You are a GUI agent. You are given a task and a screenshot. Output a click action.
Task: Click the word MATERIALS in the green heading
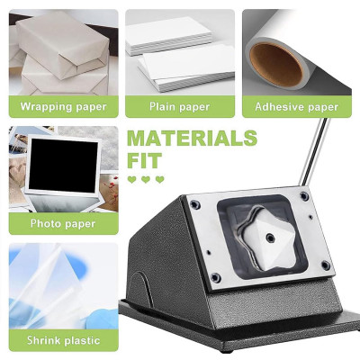(x=192, y=138)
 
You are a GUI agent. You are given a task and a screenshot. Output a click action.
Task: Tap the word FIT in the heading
(x=145, y=161)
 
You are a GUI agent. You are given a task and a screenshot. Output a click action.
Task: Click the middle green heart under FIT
(x=146, y=179)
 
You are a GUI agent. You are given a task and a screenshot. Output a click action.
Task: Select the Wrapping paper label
(x=63, y=107)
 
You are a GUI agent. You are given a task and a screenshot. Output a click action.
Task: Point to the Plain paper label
(x=179, y=107)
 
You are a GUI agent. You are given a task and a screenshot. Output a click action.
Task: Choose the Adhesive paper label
(x=297, y=107)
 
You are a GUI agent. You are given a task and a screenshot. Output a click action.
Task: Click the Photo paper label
(x=63, y=224)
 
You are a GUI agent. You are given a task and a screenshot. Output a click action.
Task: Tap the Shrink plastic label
(x=63, y=340)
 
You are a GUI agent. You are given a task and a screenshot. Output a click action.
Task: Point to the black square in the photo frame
(x=63, y=166)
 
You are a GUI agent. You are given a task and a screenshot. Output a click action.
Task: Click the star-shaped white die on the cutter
(x=268, y=238)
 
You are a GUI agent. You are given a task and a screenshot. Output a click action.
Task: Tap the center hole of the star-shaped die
(x=270, y=238)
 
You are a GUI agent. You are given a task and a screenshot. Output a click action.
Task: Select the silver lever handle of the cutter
(x=315, y=151)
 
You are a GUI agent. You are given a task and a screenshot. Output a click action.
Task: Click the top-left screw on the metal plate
(x=195, y=205)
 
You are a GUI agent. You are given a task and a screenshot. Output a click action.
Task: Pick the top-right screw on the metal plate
(x=304, y=196)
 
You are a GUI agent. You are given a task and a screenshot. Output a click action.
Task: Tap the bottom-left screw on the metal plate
(x=215, y=277)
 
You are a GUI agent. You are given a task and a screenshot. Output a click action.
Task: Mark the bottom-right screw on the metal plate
(x=326, y=265)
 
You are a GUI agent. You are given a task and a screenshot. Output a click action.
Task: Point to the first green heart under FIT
(x=132, y=179)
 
